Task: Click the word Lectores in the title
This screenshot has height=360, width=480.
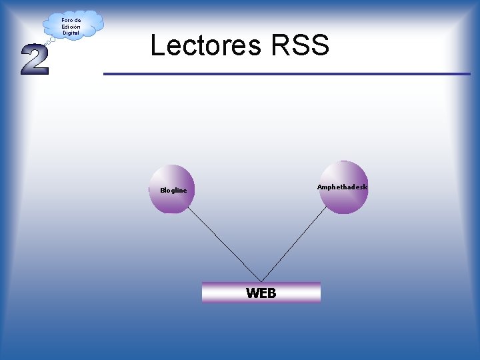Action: [x=207, y=45]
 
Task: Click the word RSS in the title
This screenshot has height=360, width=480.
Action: [x=300, y=45]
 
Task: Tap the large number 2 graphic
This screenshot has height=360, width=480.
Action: [x=35, y=60]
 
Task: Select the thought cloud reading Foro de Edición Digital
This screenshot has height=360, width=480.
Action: [x=72, y=25]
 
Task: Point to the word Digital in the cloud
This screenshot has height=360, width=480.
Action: [x=71, y=33]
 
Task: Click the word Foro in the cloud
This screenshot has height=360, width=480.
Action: [x=66, y=20]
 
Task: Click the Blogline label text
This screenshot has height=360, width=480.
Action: [x=173, y=191]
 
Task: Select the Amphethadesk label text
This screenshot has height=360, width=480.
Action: [x=342, y=187]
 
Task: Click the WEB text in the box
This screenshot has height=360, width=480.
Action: [x=261, y=293]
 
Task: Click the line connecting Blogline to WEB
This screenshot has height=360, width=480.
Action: [x=223, y=244]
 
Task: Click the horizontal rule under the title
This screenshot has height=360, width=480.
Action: [x=287, y=73]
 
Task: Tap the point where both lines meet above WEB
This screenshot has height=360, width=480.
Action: [x=261, y=281]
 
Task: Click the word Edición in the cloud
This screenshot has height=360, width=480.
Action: [x=71, y=27]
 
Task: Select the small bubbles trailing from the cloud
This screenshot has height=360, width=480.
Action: [x=50, y=41]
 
